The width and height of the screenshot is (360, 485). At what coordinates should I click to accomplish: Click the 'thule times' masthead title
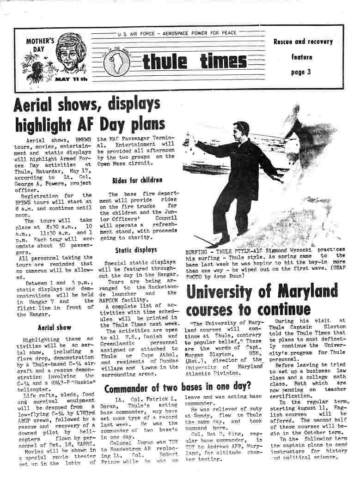pos(195,61)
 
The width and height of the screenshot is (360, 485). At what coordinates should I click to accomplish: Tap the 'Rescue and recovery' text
pos(303,42)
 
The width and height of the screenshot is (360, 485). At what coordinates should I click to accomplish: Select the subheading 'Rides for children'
pos(131,180)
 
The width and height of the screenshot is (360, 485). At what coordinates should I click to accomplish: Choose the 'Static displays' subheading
pos(129,250)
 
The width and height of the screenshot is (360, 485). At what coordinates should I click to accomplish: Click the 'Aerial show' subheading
pos(55,327)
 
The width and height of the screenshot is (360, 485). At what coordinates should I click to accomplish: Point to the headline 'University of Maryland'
pos(262,291)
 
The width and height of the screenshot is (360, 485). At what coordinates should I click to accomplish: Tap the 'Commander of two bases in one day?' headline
pos(177,386)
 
